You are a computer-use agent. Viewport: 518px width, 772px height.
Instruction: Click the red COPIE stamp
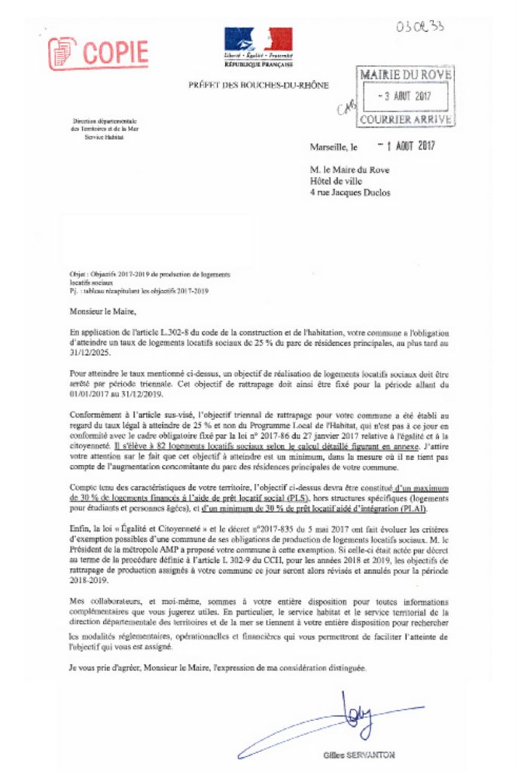[98, 51]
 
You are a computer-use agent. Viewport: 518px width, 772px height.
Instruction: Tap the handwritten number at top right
[422, 26]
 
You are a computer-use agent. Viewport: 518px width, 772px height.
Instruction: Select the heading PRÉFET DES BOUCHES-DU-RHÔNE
[258, 85]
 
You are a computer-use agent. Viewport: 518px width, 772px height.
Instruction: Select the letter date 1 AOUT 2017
[405, 146]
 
